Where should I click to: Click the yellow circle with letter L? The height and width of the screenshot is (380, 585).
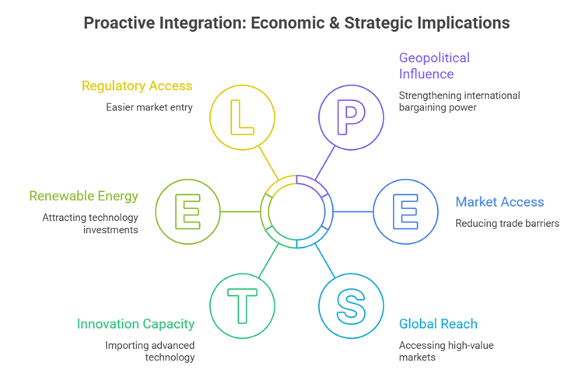pyautogui.click(x=242, y=117)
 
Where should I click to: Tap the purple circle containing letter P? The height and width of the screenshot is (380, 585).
pyautogui.click(x=351, y=117)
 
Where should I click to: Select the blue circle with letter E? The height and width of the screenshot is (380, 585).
pyautogui.click(x=405, y=211)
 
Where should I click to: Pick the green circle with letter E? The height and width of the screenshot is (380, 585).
pyautogui.click(x=187, y=211)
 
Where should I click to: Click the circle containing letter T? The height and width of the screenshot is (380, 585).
pyautogui.click(x=242, y=305)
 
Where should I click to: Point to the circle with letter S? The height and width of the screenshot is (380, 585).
pyautogui.click(x=351, y=305)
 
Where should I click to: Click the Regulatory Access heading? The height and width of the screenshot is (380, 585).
pyautogui.click(x=137, y=85)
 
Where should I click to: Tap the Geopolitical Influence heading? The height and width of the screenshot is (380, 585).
pyautogui.click(x=434, y=66)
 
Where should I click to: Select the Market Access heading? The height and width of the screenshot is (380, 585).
pyautogui.click(x=499, y=202)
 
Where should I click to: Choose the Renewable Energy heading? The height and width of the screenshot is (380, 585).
pyautogui.click(x=83, y=196)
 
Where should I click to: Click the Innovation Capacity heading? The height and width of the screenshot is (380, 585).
pyautogui.click(x=135, y=324)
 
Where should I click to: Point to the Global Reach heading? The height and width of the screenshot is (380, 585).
pyautogui.click(x=438, y=324)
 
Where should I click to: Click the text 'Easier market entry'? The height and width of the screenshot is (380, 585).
pyautogui.click(x=149, y=106)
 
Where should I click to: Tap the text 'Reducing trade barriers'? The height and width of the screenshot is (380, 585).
pyautogui.click(x=507, y=224)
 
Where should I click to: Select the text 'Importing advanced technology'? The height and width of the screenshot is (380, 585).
pyautogui.click(x=150, y=351)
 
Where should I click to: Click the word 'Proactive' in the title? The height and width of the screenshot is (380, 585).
pyautogui.click(x=121, y=23)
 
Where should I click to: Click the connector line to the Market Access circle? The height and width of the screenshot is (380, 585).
pyautogui.click(x=354, y=211)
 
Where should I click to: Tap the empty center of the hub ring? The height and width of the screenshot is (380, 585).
pyautogui.click(x=296, y=211)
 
